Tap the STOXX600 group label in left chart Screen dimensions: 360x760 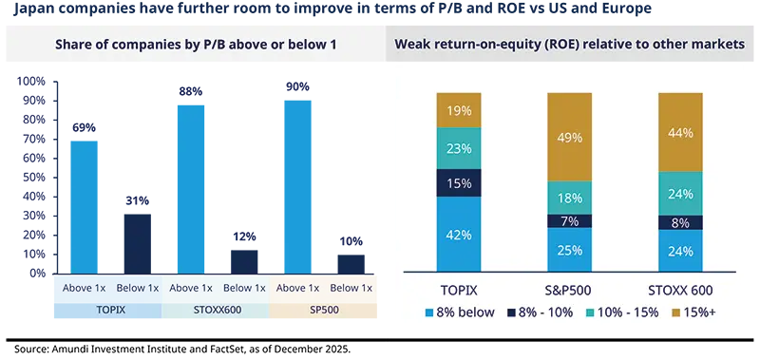pyautogui.click(x=217, y=309)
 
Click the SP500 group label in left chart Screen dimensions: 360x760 pyautogui.click(x=324, y=309)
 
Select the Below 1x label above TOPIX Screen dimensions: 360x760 pyautogui.click(x=137, y=288)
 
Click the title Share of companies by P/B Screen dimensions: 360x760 pyautogui.click(x=195, y=45)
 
